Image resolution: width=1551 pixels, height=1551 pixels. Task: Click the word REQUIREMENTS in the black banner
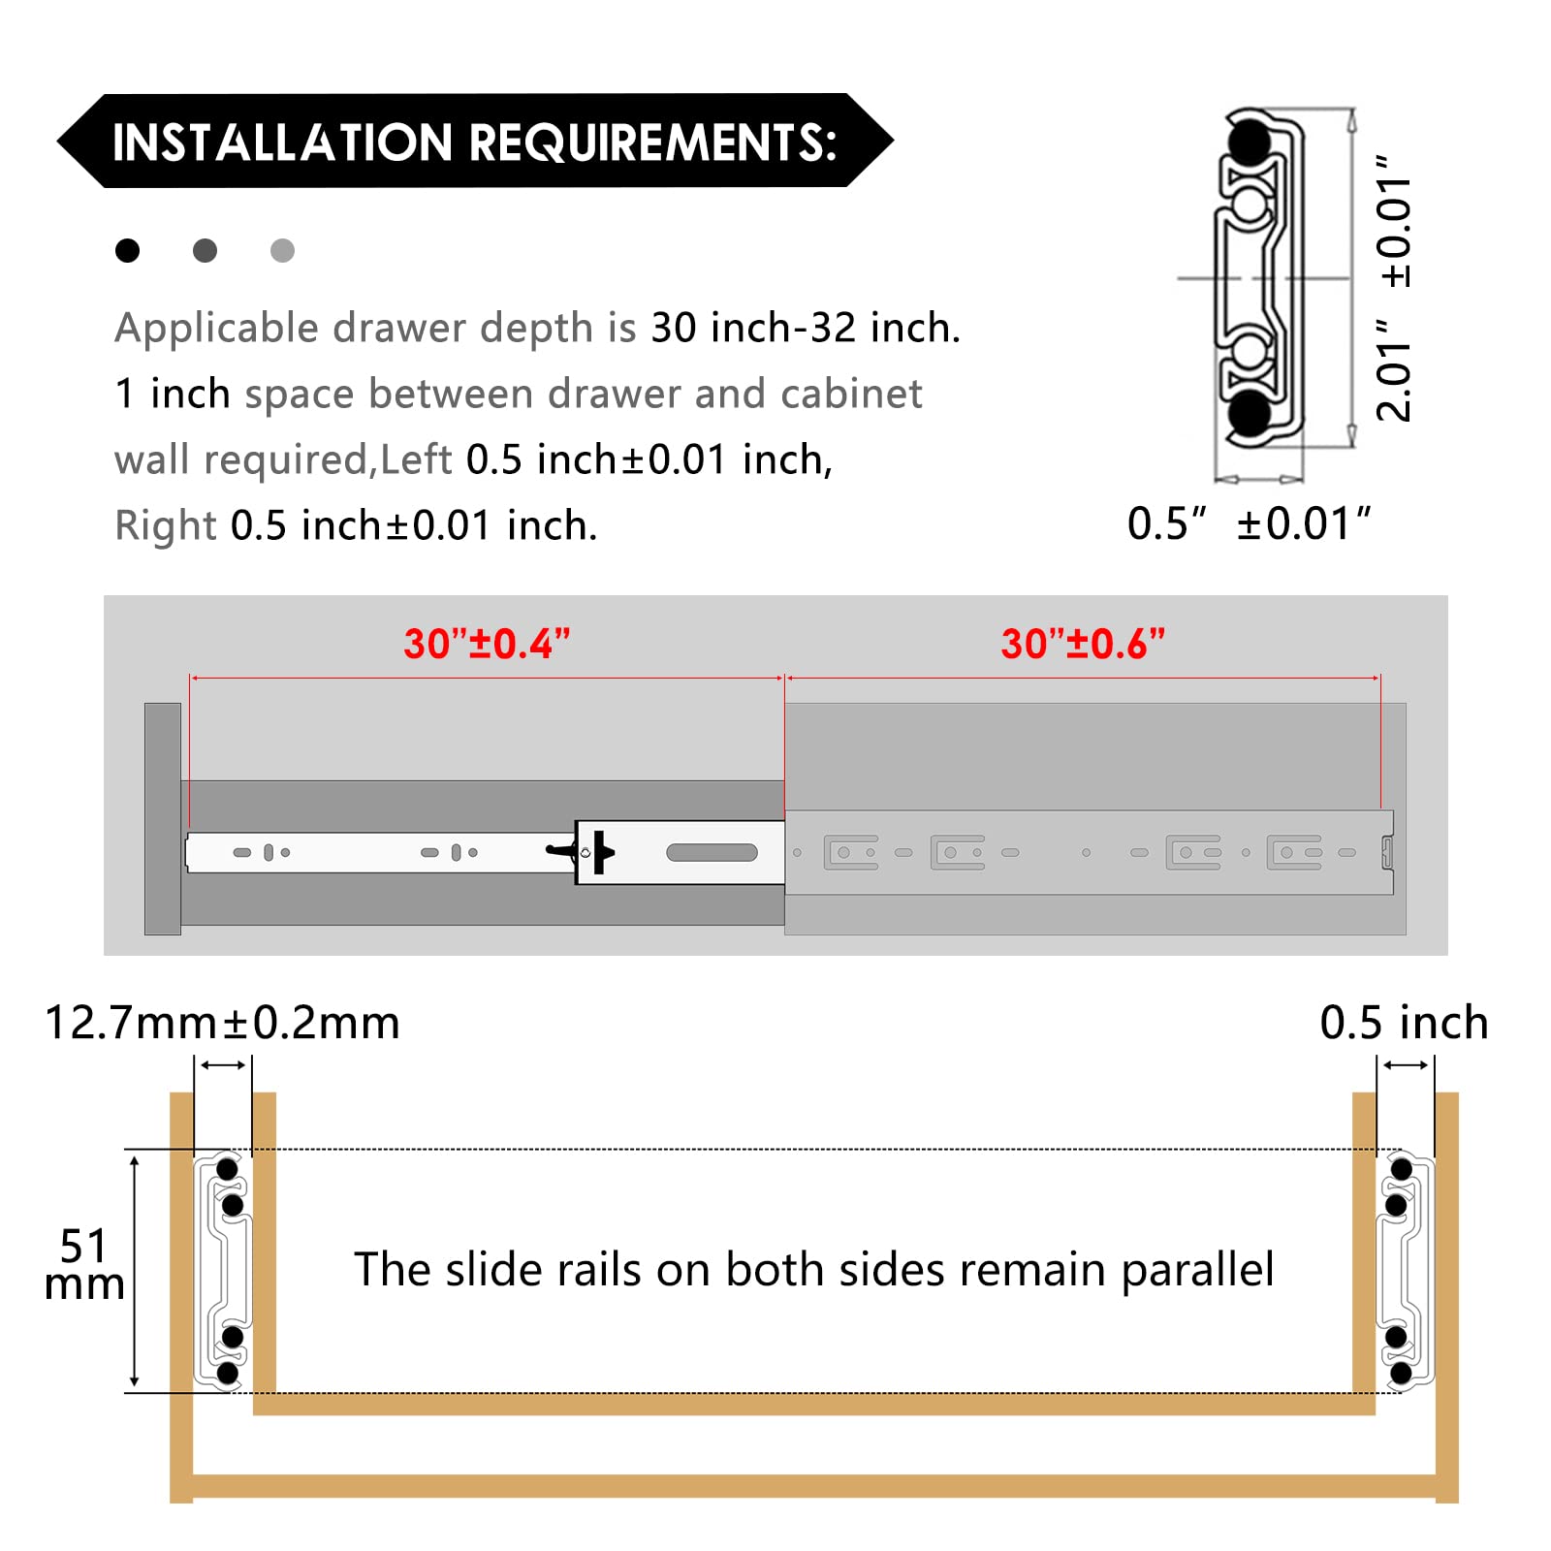click(x=652, y=142)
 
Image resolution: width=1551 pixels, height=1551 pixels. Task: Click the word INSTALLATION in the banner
click(x=282, y=142)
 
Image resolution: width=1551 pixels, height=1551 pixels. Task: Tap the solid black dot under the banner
click(x=127, y=251)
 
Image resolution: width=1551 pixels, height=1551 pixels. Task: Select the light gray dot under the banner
click(x=282, y=251)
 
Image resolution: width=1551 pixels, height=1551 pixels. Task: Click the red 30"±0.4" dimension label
click(x=487, y=645)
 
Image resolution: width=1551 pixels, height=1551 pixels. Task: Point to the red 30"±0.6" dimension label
click(x=1083, y=645)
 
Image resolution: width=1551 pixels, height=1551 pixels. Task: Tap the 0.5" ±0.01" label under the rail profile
click(x=1249, y=524)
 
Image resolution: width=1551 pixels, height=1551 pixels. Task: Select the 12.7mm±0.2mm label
click(x=222, y=1024)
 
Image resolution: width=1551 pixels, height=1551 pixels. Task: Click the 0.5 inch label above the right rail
click(x=1404, y=1024)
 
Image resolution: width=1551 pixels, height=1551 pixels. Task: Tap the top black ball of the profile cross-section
click(x=1250, y=142)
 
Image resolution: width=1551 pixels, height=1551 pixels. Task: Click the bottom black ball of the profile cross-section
click(x=1250, y=414)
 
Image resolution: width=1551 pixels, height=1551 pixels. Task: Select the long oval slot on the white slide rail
click(x=712, y=853)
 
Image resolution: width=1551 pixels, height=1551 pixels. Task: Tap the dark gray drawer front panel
click(x=163, y=819)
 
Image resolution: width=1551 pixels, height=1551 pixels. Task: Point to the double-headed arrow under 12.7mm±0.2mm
click(x=223, y=1065)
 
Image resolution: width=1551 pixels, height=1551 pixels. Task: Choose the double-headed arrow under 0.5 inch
click(x=1406, y=1065)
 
